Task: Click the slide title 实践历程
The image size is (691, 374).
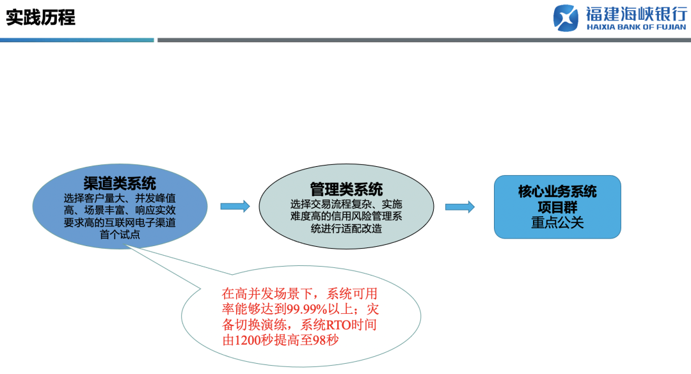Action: (x=40, y=17)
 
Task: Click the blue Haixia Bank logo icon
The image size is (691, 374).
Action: (x=566, y=17)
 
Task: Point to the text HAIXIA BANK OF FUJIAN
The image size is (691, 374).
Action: (x=635, y=27)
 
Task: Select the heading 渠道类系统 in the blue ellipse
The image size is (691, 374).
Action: (x=120, y=184)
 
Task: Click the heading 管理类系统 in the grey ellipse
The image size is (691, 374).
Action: (x=346, y=189)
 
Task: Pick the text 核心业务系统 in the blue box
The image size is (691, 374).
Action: (x=557, y=192)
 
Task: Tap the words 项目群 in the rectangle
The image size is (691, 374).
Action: (x=557, y=207)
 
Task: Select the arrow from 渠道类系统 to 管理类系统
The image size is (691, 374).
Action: (x=235, y=206)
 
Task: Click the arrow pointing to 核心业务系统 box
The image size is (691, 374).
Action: (x=459, y=206)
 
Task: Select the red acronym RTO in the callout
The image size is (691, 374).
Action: (x=337, y=325)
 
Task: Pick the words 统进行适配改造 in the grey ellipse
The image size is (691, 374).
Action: (x=346, y=228)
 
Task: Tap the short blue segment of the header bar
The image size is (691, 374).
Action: (x=77, y=40)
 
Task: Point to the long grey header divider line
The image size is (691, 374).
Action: (x=422, y=40)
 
